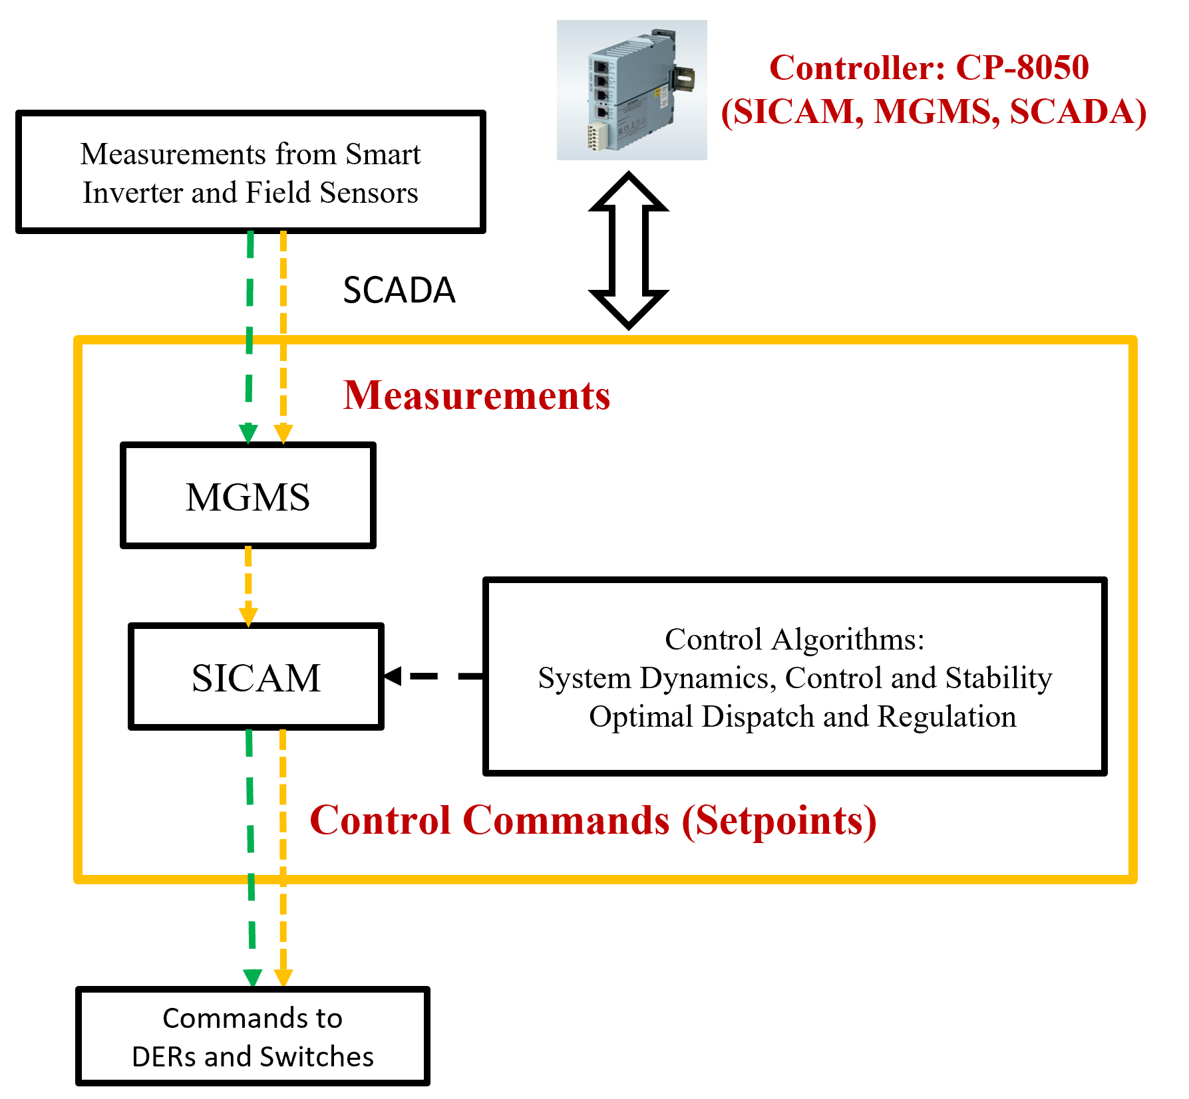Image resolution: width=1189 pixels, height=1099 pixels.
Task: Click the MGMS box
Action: [248, 496]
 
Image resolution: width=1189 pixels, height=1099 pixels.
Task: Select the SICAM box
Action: [256, 677]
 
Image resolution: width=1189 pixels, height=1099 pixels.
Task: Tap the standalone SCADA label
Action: [399, 290]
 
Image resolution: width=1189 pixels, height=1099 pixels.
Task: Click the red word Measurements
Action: [476, 396]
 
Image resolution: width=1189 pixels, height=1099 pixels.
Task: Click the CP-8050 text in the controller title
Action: [1022, 67]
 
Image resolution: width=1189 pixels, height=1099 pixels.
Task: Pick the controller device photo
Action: [631, 90]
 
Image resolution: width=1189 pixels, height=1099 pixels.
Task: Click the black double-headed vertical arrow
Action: [629, 251]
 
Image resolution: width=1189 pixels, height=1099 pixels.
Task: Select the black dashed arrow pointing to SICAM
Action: [432, 676]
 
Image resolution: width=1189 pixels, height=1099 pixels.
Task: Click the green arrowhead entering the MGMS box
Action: [248, 433]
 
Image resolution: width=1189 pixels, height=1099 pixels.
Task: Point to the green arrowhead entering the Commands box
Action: [252, 978]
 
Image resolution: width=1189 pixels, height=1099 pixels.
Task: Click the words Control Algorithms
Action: [794, 640]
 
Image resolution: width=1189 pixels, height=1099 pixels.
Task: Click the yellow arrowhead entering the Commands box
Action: [283, 978]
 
